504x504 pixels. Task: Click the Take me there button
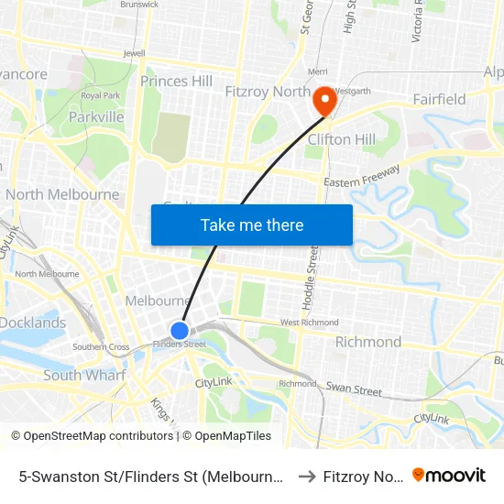click(x=252, y=225)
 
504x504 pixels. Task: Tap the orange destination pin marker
click(x=323, y=100)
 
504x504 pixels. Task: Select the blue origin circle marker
click(x=180, y=330)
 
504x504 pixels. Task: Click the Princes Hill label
click(x=176, y=82)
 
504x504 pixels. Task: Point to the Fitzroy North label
click(x=267, y=92)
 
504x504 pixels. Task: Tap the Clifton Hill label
click(x=342, y=139)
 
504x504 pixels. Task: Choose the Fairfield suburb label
click(x=439, y=99)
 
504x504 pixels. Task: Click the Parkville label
click(x=96, y=117)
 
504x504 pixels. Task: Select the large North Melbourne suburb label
click(x=62, y=194)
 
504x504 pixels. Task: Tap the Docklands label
click(x=33, y=323)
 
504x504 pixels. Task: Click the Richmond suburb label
click(x=367, y=342)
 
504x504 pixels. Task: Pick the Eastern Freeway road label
click(x=362, y=177)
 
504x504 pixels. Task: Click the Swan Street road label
click(x=354, y=390)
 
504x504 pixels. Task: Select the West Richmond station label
click(x=309, y=323)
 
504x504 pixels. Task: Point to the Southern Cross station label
click(x=101, y=346)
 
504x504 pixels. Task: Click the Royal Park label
click(x=101, y=95)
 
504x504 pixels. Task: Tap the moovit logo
click(x=449, y=475)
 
